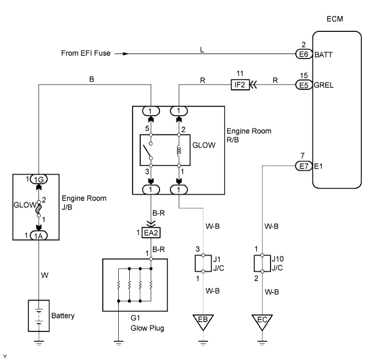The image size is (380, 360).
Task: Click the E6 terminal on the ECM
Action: [x=301, y=54]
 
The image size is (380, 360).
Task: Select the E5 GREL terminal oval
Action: [x=301, y=85]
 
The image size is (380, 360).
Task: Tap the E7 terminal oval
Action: [x=301, y=164]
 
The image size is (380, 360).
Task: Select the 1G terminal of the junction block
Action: [x=38, y=180]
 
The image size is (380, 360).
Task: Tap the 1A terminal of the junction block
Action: [x=38, y=234]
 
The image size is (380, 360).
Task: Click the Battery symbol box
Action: [x=38, y=315]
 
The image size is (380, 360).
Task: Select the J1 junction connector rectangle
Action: [x=203, y=263]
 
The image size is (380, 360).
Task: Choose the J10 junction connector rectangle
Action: [x=262, y=263]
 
